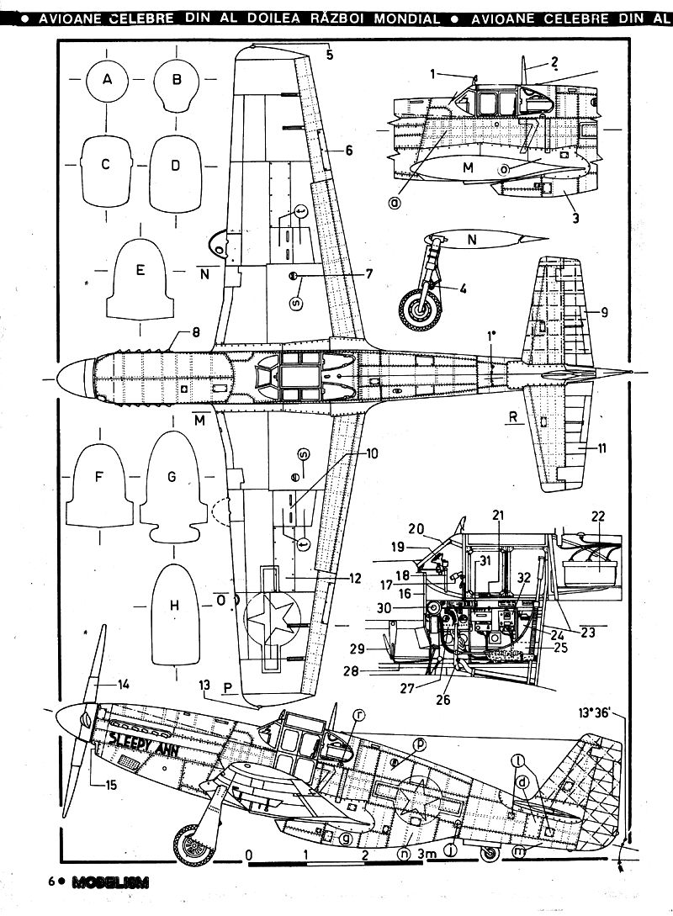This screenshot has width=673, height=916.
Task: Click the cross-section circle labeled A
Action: point(107,81)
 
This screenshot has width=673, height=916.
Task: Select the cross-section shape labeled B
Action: point(177,83)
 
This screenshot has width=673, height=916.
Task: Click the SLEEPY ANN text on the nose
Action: point(145,744)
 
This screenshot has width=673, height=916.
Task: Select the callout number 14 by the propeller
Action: point(125,685)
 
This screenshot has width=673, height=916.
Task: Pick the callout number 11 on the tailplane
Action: point(601,448)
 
